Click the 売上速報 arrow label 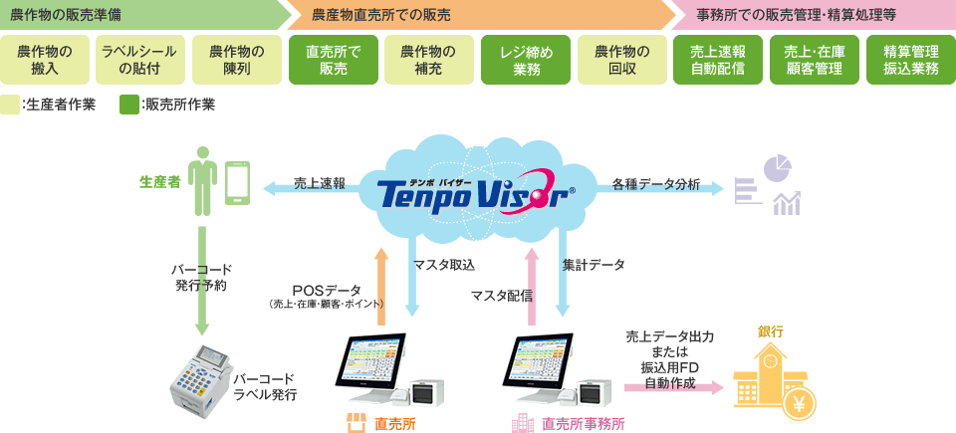[x=319, y=184]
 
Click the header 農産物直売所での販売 [x=380, y=15]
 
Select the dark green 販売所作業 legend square [x=127, y=105]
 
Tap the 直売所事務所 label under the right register [x=583, y=423]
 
